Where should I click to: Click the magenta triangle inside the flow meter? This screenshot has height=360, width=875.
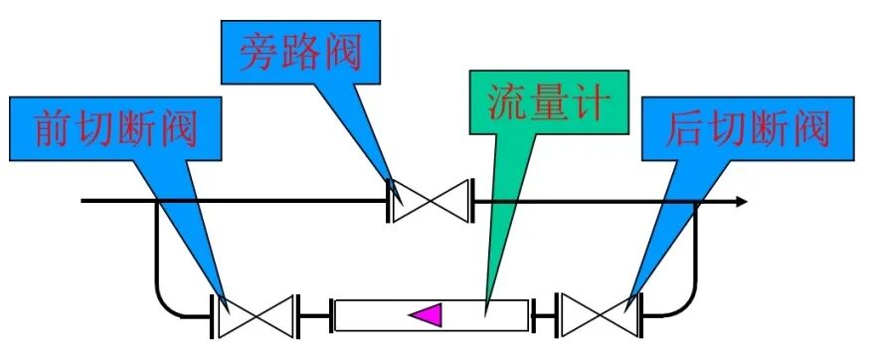tap(427, 314)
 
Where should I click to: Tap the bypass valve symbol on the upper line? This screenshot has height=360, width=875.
tap(430, 202)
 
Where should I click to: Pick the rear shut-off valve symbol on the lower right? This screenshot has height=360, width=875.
tap(598, 315)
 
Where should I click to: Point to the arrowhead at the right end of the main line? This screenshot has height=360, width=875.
tap(741, 202)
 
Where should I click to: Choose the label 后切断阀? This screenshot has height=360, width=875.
tap(748, 128)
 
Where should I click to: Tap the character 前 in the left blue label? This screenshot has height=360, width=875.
tap(48, 128)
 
